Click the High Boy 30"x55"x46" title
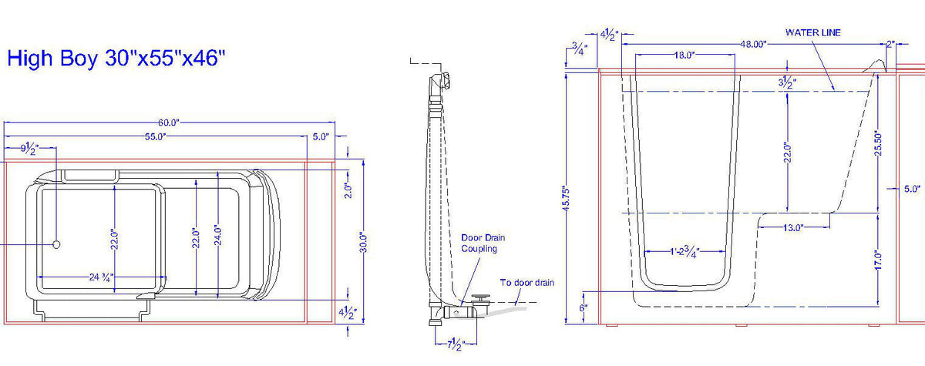(x=116, y=59)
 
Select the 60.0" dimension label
(x=169, y=123)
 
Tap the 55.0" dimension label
(x=155, y=137)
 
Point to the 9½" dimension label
(x=30, y=149)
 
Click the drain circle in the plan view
(x=56, y=244)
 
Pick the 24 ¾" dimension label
(x=101, y=277)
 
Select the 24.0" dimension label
(x=218, y=236)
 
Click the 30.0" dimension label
(x=363, y=243)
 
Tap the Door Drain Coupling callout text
(x=483, y=243)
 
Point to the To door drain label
(x=527, y=283)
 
